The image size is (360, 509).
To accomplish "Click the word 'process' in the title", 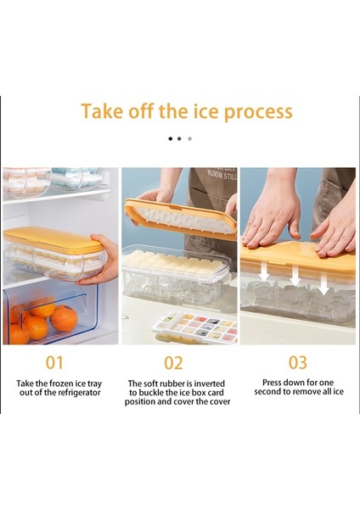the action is [258, 112].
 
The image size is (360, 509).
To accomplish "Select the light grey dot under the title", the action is [189, 139].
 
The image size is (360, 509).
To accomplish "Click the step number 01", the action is [54, 362].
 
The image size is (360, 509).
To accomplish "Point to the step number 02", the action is [173, 363].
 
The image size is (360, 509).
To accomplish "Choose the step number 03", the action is [298, 362].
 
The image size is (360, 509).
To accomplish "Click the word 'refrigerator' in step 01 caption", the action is [78, 393].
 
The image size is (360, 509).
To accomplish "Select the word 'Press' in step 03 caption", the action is [273, 383].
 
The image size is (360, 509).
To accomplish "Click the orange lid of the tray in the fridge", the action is [52, 239].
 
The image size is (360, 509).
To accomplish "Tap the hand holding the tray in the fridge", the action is [100, 260].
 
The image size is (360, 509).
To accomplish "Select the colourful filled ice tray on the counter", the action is [194, 327].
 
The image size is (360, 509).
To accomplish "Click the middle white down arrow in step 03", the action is [295, 275].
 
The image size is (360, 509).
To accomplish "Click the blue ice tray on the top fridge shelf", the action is [77, 178].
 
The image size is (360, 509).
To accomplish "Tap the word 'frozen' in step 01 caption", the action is [62, 383].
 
